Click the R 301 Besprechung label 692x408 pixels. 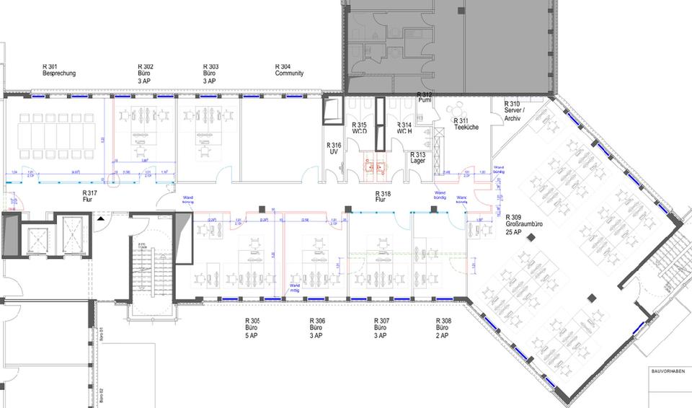pos(59,70)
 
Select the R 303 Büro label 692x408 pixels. pos(210,74)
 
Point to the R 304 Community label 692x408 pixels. pos(289,70)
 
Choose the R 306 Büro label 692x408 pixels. pos(316,328)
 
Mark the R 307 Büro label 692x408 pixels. pos(381,328)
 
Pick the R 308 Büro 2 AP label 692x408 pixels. pos(443,328)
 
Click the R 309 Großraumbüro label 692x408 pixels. pos(523,224)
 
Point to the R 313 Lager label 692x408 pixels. pos(417,158)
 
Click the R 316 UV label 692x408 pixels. pos(334,148)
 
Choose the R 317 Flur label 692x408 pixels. pos(89,197)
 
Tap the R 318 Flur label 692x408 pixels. pos(383,198)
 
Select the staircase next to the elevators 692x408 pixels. pos(151,270)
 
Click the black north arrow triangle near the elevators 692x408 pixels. pos(101,216)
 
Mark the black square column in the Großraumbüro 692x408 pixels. pos(592,296)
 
